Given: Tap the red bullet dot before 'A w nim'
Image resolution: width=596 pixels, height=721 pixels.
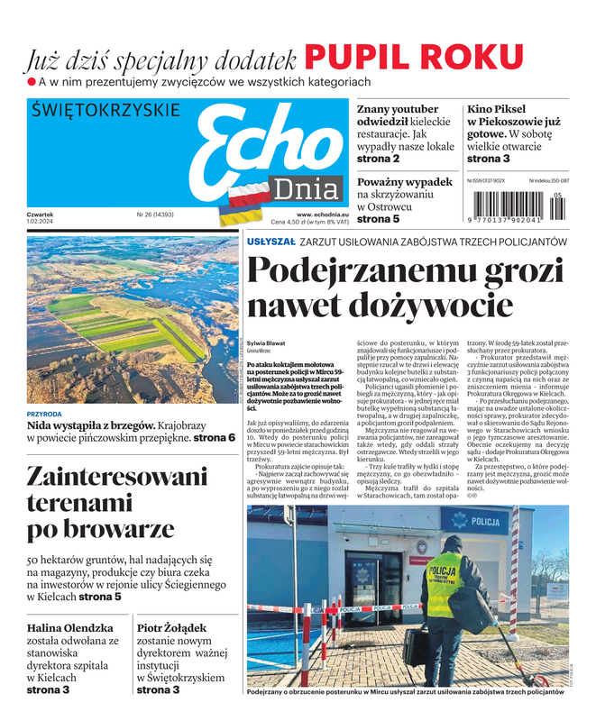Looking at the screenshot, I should [x=31, y=82].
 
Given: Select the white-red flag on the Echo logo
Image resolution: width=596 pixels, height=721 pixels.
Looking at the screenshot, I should [x=246, y=192].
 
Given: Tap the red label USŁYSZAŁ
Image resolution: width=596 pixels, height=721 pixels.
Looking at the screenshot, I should [x=270, y=242].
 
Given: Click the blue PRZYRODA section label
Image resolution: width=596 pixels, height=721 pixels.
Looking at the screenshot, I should [x=45, y=414].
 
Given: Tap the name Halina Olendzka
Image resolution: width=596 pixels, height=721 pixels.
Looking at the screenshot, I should [x=70, y=627].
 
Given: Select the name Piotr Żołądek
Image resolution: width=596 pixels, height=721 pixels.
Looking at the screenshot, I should [x=171, y=627].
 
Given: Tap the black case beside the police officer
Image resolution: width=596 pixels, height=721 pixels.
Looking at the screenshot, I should [x=416, y=645].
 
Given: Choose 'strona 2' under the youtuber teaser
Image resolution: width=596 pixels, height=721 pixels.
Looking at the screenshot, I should [x=379, y=160].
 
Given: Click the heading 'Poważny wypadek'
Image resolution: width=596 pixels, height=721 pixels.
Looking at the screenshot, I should [x=405, y=181].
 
